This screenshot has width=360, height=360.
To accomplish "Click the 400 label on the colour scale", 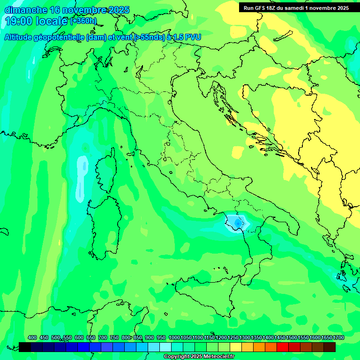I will pos(32,338).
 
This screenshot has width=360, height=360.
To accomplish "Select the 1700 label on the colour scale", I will pos(338,338).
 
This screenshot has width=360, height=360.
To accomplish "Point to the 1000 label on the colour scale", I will pos(174,338).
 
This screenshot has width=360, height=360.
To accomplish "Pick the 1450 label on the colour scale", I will pos(280,338).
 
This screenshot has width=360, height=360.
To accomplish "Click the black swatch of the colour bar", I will pos(25,347).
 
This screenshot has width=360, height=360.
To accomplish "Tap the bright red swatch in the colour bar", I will pos(283,347).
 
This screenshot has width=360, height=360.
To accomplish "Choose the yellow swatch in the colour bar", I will pos(236,347).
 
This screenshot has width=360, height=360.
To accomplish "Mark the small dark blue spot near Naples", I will pos(239,224).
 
